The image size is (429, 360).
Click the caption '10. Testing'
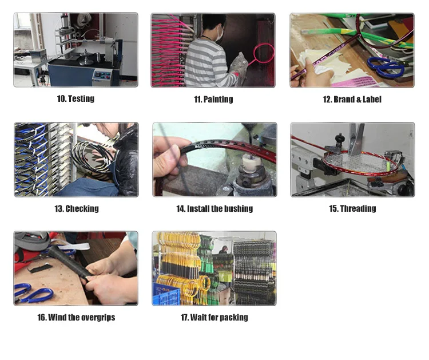[76, 98]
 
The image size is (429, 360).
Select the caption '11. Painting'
[213, 99]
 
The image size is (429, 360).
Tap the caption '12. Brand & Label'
[352, 99]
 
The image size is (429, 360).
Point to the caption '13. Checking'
[77, 208]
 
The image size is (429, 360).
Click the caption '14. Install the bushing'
[214, 208]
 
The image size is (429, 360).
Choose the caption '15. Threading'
[352, 208]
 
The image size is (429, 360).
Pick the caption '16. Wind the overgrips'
[76, 317]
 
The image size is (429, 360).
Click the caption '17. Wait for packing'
[214, 317]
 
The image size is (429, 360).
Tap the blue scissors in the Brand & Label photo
[386, 67]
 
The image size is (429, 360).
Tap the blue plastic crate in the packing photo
[166, 294]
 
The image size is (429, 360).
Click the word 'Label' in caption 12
[372, 99]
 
